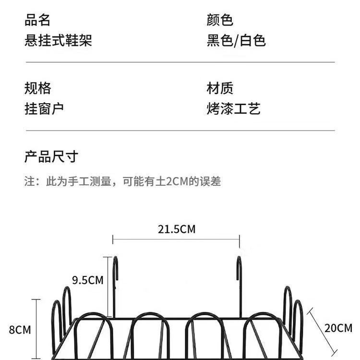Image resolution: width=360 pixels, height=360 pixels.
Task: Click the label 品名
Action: pyautogui.click(x=37, y=20)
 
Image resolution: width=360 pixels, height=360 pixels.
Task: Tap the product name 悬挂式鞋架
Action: pyautogui.click(x=58, y=40)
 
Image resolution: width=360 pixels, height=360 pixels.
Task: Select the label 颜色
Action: pyautogui.click(x=220, y=20)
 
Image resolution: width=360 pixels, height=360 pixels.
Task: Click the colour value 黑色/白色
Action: pyautogui.click(x=236, y=40)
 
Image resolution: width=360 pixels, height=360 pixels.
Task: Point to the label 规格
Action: pyautogui.click(x=37, y=88)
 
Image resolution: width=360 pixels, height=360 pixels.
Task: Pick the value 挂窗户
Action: pyautogui.click(x=44, y=108)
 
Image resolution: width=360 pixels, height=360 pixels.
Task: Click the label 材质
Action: pyautogui.click(x=220, y=88)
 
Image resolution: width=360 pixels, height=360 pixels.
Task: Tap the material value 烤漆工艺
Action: pyautogui.click(x=233, y=108)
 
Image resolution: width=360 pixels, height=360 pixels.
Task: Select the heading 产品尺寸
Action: pyautogui.click(x=51, y=156)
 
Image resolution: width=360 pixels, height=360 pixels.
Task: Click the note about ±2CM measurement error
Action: pyautogui.click(x=122, y=181)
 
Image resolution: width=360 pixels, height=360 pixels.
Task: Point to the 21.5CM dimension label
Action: pyautogui.click(x=177, y=229)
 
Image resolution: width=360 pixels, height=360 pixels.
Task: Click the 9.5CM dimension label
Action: pyautogui.click(x=88, y=280)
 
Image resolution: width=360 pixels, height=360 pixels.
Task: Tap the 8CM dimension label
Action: pyautogui.click(x=20, y=330)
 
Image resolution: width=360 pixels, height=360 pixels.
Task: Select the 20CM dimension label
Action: pyautogui.click(x=338, y=328)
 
